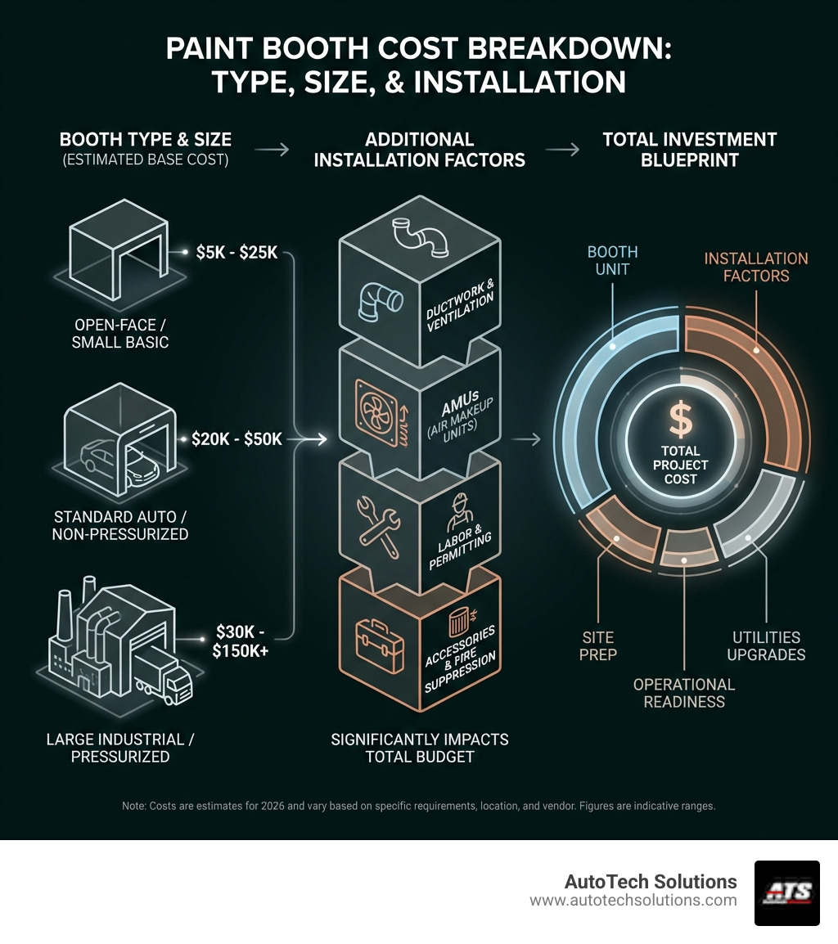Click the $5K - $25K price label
click(237, 253)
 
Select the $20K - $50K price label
click(237, 439)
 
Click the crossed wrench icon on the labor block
click(377, 519)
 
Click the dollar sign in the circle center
click(680, 420)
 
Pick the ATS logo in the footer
click(786, 892)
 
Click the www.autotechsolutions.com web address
click(633, 901)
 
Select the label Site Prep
click(599, 645)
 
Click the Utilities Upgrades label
click(765, 645)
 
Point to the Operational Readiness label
click(684, 693)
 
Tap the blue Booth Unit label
click(613, 261)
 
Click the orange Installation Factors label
click(755, 267)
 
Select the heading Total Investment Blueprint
click(689, 149)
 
